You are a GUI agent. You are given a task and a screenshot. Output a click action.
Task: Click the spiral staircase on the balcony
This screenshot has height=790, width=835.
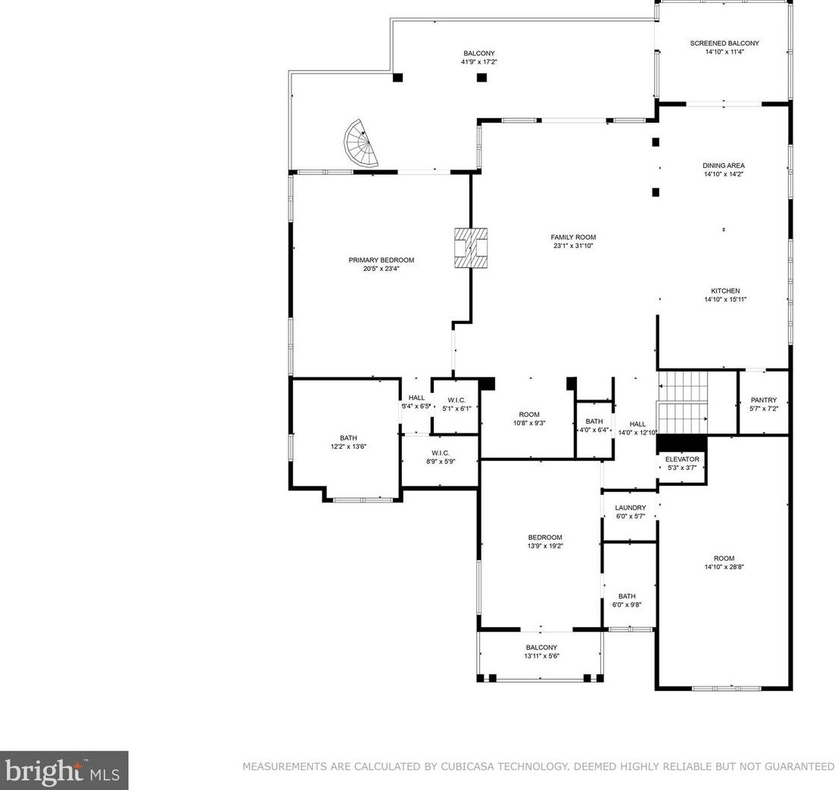pos(360,144)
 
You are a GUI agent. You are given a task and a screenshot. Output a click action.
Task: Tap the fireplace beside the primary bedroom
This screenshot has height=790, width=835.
pos(471,247)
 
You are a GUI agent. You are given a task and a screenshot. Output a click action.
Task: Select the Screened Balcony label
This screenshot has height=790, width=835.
pos(724,43)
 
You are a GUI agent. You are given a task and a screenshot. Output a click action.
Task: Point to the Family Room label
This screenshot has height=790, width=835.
pos(573,238)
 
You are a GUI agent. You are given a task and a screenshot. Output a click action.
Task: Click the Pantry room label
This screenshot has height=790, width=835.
pos(764,400)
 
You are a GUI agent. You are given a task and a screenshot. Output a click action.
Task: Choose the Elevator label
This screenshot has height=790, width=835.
pos(682,459)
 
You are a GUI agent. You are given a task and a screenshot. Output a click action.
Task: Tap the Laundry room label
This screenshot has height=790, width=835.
pos(631,508)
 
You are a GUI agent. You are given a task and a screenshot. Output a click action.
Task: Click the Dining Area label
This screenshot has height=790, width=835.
pos(724,166)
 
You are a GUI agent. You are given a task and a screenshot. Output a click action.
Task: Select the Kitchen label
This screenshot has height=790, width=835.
pos(725,291)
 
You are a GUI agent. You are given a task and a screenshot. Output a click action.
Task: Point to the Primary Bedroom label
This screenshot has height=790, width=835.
pos(382,260)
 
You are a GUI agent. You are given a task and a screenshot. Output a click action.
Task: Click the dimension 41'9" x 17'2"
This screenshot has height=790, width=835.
pos(479,62)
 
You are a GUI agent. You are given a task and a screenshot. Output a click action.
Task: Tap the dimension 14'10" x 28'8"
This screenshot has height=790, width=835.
pos(724,567)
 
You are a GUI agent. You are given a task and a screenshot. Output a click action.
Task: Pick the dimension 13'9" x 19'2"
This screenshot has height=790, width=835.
pos(545,546)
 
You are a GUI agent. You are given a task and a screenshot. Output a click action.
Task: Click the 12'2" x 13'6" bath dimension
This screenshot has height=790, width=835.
pos(348,447)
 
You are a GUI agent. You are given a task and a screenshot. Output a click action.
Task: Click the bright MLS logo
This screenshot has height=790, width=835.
pos(64,770)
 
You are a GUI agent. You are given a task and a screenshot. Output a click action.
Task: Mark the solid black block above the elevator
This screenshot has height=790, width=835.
pos(681,443)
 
